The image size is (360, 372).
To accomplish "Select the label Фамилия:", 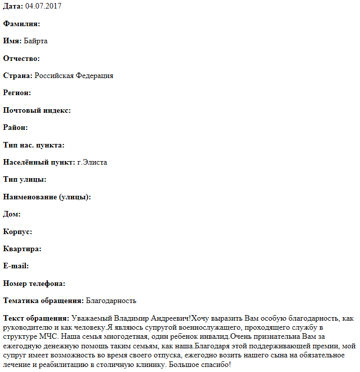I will (x=22, y=24).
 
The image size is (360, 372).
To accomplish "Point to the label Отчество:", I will (x=22, y=58).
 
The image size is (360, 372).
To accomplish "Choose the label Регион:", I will (x=17, y=93).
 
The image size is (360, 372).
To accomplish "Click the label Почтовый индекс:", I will (x=37, y=110).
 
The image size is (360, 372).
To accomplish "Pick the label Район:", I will (x=16, y=127).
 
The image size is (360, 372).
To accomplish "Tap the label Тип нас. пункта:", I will (x=34, y=145).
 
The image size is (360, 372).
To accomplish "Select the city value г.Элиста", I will (x=92, y=162).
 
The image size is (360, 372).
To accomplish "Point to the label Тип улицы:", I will (x=25, y=179).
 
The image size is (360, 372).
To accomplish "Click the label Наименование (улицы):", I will (x=47, y=197).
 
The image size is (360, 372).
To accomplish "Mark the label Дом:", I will (x=12, y=214).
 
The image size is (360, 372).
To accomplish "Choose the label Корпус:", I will (x=18, y=232).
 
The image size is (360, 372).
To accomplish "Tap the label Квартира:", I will (x=22, y=249).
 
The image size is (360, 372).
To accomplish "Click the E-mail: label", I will (x=16, y=266).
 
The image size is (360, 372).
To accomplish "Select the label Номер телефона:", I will (x=34, y=283).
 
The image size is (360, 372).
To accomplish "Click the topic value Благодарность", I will (x=111, y=301).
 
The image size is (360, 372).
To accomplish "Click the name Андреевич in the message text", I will (x=169, y=318).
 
